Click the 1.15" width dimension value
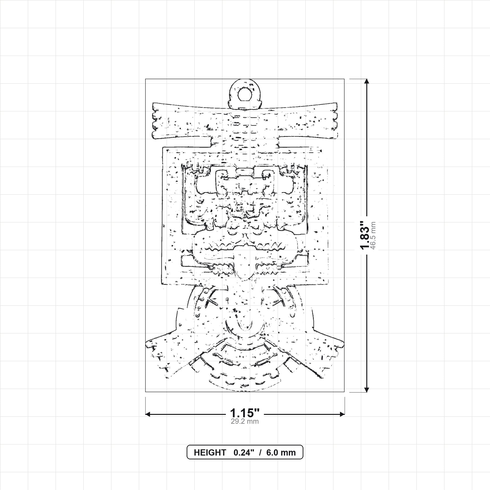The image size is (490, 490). [245, 413]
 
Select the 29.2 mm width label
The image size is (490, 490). [245, 422]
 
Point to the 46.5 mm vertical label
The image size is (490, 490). [373, 235]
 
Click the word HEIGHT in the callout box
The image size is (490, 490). [210, 453]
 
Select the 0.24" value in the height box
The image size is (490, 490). [244, 453]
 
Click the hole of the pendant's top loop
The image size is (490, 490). [245, 94]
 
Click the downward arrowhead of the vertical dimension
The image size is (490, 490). [367, 390]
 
